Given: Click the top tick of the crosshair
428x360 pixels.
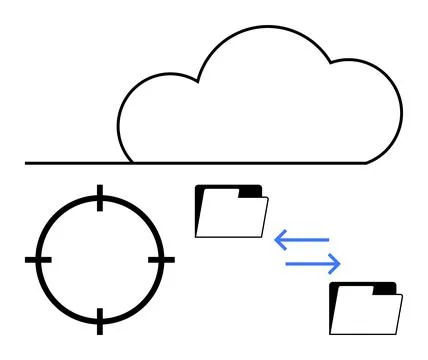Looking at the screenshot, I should point(99,197).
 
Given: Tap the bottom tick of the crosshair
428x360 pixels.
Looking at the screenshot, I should point(99,321).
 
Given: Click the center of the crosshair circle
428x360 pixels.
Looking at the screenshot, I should point(99,259).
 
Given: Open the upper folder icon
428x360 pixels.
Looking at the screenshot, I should point(231,211).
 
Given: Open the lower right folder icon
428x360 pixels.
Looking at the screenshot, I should point(366,308).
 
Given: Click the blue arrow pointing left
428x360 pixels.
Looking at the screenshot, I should point(301,240).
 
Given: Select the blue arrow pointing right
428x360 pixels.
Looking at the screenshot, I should point(313,263).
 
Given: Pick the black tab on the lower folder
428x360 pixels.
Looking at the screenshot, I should point(385,288).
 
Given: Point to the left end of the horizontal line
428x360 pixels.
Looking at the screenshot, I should point(27,162).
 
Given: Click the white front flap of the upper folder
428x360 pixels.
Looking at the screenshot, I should point(236,217).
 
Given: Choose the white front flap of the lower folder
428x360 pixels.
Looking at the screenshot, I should point(370,314).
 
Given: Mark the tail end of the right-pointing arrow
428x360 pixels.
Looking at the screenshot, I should point(288,263).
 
